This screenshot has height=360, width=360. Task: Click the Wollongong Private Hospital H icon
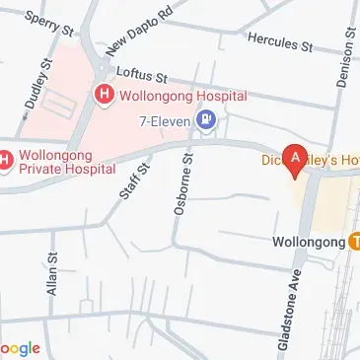click(6, 159)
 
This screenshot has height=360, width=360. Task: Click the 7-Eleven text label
click(165, 122)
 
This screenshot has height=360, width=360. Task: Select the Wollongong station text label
click(308, 242)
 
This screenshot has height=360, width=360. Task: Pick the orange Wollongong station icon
click(353, 242)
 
